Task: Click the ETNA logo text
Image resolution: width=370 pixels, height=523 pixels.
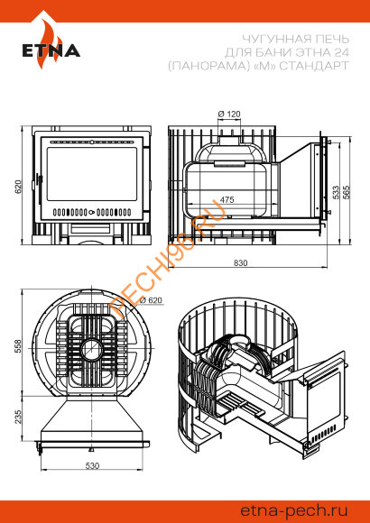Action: (x=51, y=50)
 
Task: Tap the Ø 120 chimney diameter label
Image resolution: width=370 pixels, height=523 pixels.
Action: (x=229, y=115)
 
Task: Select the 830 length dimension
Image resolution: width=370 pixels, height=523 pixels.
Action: (x=240, y=263)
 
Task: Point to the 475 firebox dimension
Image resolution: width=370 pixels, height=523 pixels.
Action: (x=227, y=199)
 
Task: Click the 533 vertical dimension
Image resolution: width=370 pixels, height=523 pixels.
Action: (x=336, y=192)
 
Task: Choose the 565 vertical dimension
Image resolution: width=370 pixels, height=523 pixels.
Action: (x=347, y=192)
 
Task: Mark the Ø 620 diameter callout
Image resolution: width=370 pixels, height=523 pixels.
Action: (x=151, y=300)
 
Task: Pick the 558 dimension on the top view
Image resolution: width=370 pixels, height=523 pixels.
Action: (x=18, y=346)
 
